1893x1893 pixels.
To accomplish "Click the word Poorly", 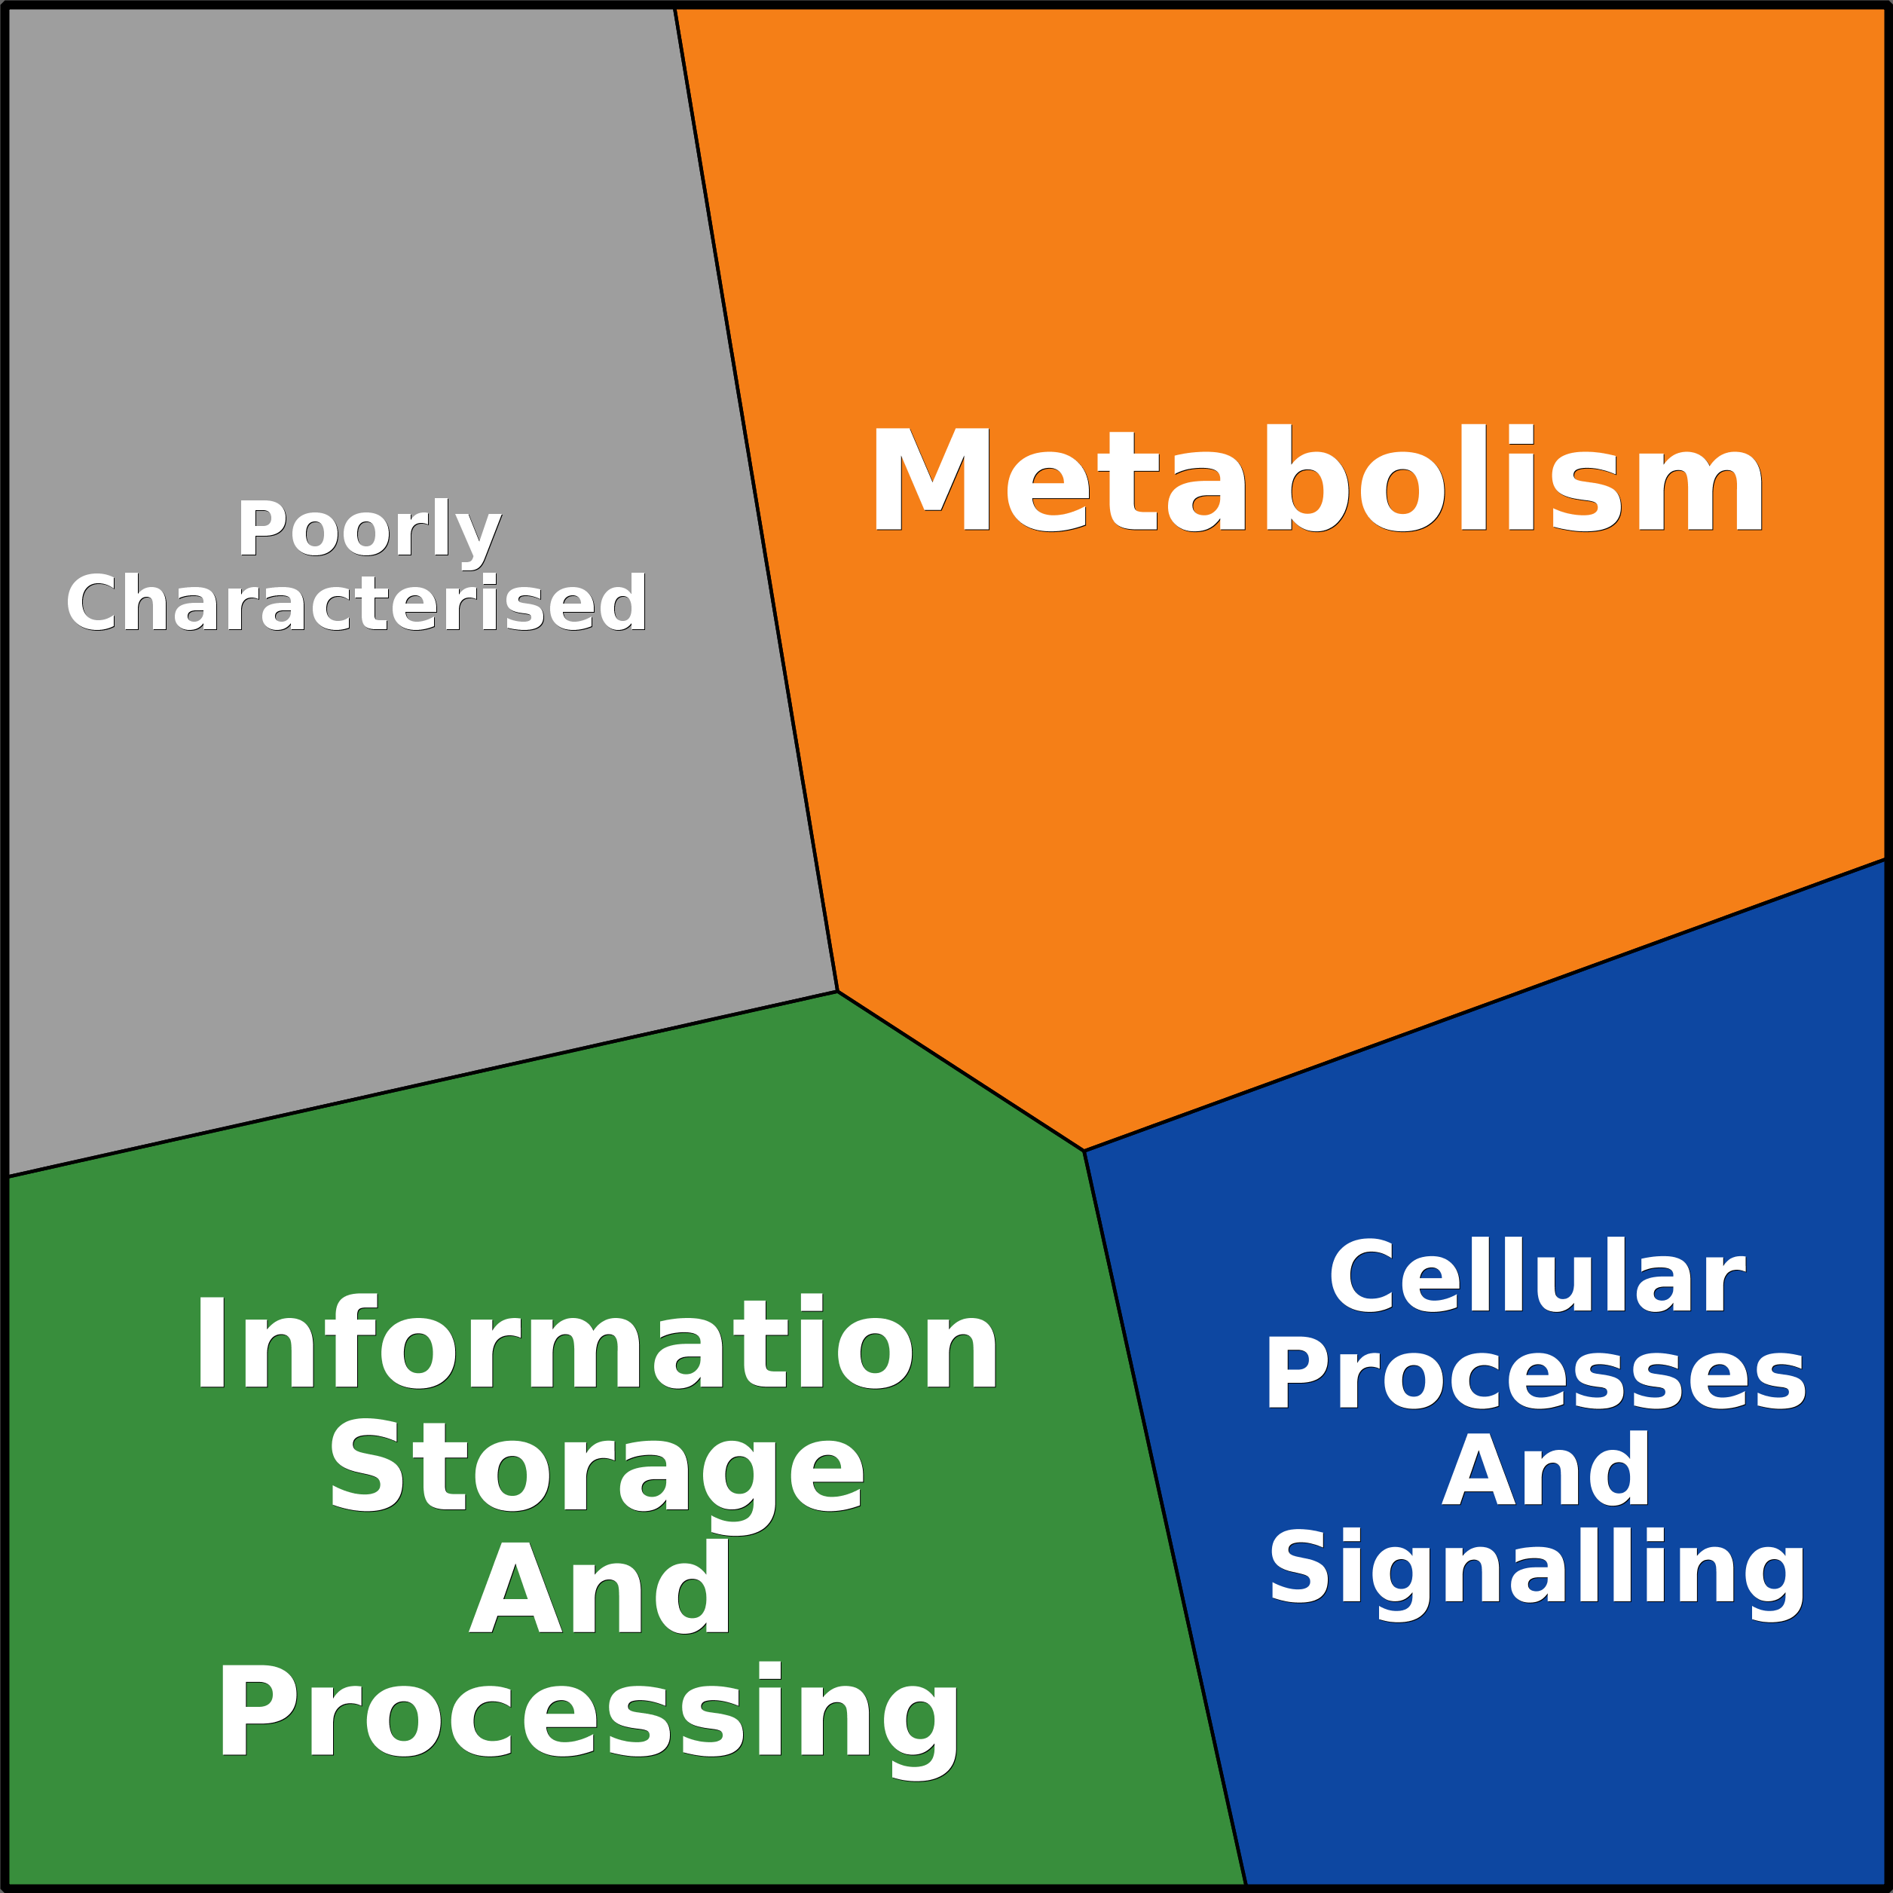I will [369, 530].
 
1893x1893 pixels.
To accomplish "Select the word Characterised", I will [356, 604].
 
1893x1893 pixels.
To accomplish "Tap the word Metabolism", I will [1317, 481].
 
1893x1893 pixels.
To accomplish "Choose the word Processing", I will [588, 1713].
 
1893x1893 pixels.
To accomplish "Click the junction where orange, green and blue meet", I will [1084, 1150].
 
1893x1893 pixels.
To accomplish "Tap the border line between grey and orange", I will [755, 500].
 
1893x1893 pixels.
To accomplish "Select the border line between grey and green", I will [421, 1084].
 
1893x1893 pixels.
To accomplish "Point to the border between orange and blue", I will [1485, 1005].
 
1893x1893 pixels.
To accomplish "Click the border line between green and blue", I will [1164, 1517].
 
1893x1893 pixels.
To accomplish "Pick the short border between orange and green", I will [960, 1071].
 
